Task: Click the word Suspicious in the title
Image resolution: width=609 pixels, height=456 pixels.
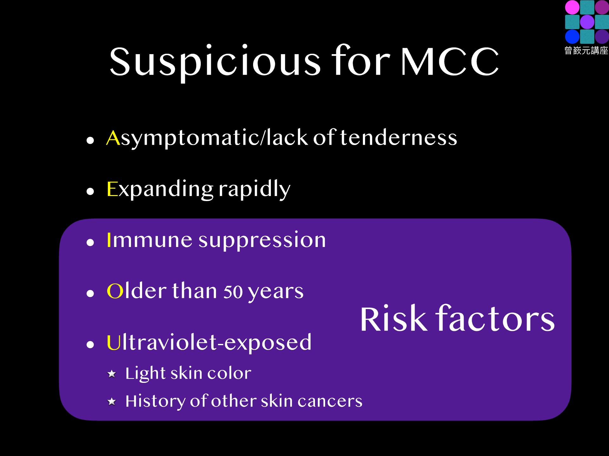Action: click(215, 62)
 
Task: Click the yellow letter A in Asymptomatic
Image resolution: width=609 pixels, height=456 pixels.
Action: click(113, 138)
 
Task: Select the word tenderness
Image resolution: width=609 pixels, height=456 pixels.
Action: click(398, 138)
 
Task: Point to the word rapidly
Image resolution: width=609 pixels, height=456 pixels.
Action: click(254, 189)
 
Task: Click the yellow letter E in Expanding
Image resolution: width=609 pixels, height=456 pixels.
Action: click(112, 189)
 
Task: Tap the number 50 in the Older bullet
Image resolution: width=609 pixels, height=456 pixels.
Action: click(233, 292)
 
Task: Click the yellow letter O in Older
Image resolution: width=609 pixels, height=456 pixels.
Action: click(115, 291)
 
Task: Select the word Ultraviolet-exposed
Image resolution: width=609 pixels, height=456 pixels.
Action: click(209, 342)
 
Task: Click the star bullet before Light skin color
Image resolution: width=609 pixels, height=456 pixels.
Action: click(112, 374)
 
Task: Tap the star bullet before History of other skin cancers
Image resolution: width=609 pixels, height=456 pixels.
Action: click(112, 402)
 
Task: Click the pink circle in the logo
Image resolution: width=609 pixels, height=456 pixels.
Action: click(572, 7)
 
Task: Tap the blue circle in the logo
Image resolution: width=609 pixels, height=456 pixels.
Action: click(572, 36)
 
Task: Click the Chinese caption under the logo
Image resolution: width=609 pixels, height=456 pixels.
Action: click(586, 50)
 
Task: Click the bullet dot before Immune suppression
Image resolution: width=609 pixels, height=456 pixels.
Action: click(90, 243)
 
